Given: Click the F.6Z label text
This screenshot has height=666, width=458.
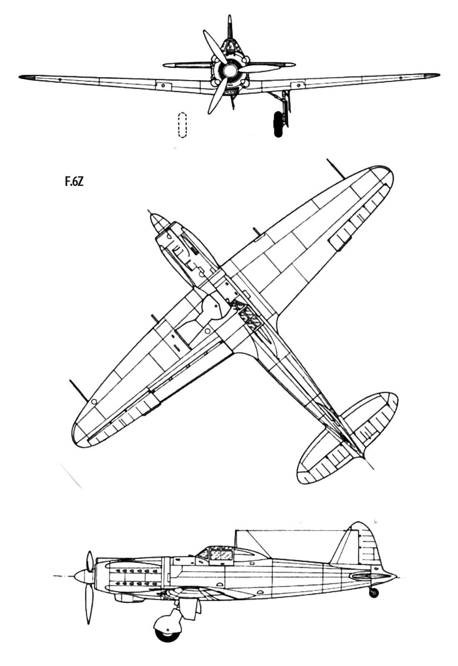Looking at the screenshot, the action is point(74,182).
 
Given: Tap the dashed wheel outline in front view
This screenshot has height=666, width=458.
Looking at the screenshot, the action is point(182,125).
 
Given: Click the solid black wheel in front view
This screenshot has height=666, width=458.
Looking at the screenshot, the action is point(278,124).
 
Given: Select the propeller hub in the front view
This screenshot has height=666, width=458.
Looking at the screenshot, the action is point(229,70).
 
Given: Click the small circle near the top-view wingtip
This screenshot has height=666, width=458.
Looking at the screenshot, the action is point(94,402).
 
